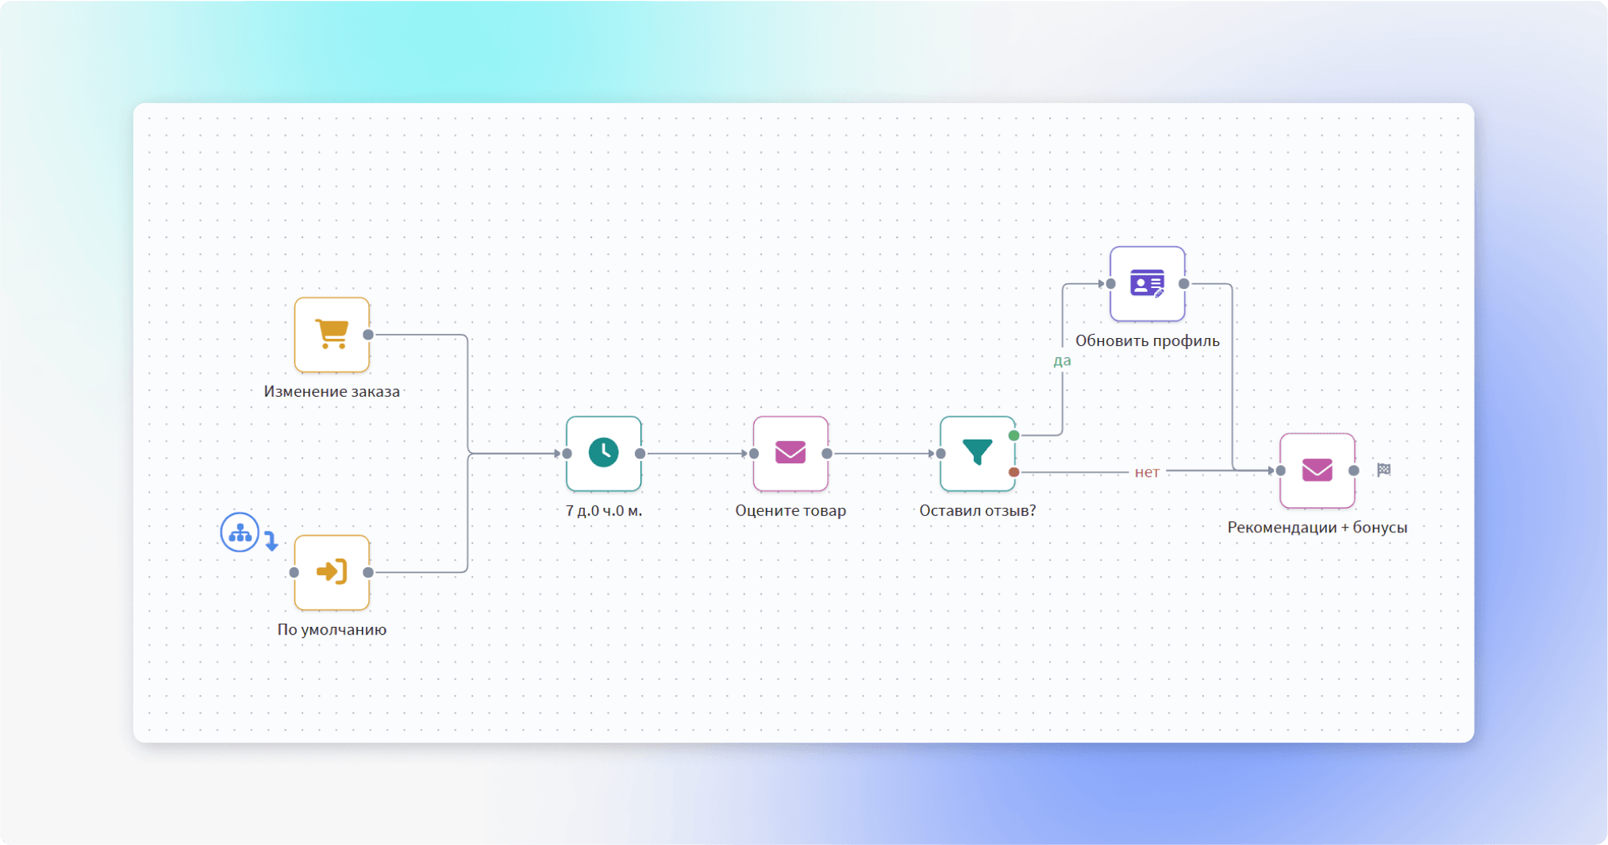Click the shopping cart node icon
point(332,334)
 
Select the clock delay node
point(603,453)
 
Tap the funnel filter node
point(977,453)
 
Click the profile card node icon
point(1147,283)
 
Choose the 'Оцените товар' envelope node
point(791,453)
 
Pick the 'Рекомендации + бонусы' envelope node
point(1317,471)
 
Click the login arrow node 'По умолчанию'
point(332,572)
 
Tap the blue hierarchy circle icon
point(240,532)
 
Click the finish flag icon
point(1383,470)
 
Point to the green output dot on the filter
point(1014,436)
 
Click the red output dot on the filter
point(1014,472)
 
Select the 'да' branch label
point(1062,361)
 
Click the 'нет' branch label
point(1147,472)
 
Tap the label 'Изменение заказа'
point(332,391)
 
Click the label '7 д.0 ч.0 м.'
point(603,511)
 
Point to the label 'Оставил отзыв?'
point(977,511)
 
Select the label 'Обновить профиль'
point(1147,341)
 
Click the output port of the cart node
point(368,335)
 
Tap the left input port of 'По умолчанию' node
point(294,572)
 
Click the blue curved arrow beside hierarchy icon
point(271,541)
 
